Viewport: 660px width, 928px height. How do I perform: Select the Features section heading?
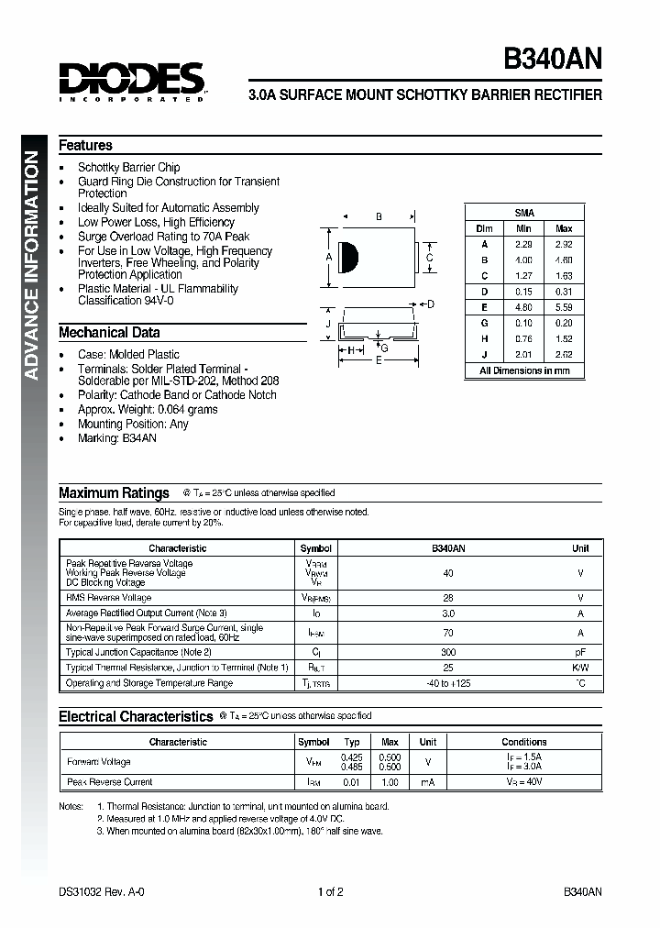(x=85, y=145)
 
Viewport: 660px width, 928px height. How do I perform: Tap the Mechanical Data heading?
(x=109, y=333)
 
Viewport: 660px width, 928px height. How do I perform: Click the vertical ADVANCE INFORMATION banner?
(x=31, y=264)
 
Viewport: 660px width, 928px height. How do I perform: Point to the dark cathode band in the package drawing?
(x=346, y=258)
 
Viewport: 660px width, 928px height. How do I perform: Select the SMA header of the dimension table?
(x=524, y=212)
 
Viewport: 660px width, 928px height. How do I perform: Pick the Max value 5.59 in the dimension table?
(x=563, y=307)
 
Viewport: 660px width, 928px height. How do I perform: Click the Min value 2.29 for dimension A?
(x=523, y=245)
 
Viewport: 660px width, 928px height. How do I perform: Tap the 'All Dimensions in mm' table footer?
(x=524, y=370)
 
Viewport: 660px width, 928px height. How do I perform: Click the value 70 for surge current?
(x=448, y=633)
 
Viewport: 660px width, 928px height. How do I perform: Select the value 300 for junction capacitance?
(x=448, y=652)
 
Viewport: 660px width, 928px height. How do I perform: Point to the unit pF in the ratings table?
(x=580, y=652)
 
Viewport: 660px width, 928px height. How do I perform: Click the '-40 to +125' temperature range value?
(x=448, y=683)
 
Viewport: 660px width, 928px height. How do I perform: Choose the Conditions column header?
(x=523, y=742)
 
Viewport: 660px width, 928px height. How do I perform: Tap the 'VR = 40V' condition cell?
(x=523, y=782)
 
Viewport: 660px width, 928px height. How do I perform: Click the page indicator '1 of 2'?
(x=330, y=891)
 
